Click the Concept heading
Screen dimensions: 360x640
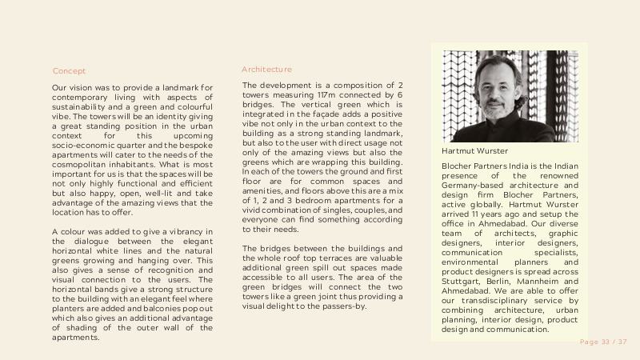click(69, 71)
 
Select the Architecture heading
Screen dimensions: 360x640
click(266, 70)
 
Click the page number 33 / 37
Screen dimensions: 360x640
click(603, 342)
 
